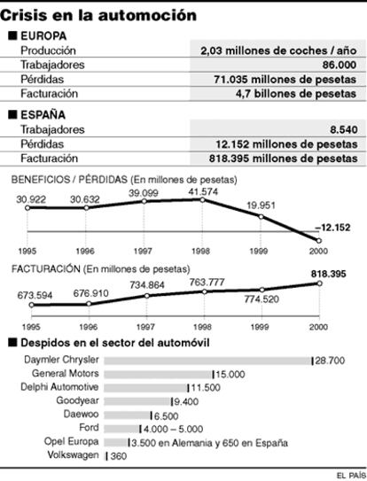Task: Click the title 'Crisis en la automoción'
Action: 98,15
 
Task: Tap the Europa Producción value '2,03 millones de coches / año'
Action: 278,50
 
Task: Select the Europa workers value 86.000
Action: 340,65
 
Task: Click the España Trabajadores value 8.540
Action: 344,129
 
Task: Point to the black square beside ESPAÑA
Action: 12,114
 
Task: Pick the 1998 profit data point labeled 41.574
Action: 202,199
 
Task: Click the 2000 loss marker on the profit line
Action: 318,241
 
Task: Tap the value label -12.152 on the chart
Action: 332,228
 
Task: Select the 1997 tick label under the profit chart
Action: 143,252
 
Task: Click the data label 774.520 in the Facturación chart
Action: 262,299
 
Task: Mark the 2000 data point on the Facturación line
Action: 319,283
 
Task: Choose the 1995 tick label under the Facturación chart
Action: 31,327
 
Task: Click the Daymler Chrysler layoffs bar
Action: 208,361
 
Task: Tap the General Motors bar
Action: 158,374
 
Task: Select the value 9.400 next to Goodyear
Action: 186,401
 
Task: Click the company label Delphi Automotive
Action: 59,387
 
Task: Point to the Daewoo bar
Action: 127,415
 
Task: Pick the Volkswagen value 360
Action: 119,456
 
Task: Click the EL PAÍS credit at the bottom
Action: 351,475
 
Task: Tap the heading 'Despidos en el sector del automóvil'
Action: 115,343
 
